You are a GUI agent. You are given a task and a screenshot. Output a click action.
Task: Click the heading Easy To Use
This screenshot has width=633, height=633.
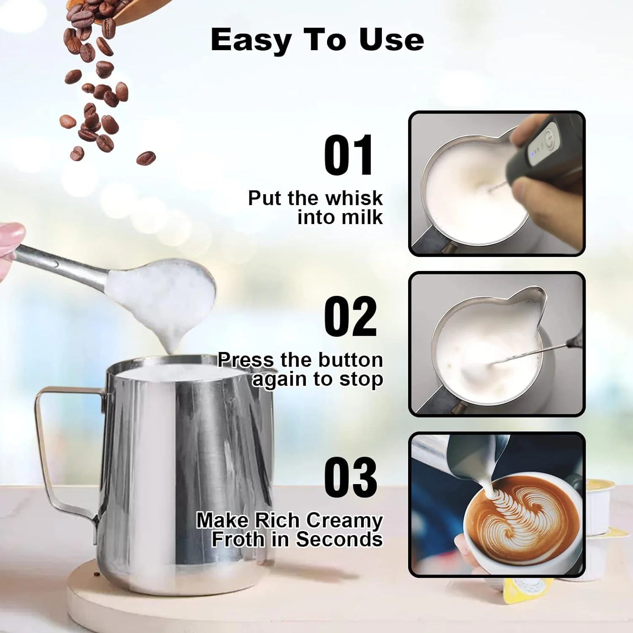[x=317, y=40]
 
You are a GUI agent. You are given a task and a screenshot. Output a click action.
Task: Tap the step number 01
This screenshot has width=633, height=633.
[x=349, y=155]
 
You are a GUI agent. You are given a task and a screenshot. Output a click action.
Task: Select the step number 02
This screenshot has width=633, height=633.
[x=350, y=316]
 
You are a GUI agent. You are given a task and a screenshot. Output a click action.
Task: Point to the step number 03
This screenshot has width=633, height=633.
[x=350, y=477]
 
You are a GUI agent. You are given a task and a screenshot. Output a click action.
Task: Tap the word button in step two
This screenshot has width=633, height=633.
[x=350, y=360]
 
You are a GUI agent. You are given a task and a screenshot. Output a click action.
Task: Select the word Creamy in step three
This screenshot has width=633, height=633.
[x=344, y=520]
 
